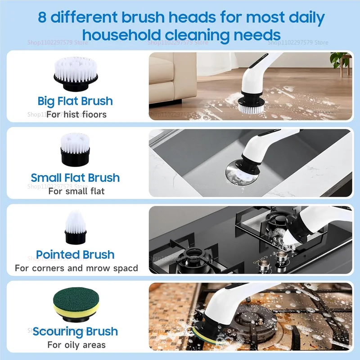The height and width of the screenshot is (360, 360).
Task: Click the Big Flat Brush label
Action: [75, 101]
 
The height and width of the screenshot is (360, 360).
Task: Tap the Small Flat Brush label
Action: [75, 177]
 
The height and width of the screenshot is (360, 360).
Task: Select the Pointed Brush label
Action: [75, 255]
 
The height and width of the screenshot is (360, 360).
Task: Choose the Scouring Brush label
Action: [75, 332]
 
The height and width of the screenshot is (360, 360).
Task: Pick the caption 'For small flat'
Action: [76, 191]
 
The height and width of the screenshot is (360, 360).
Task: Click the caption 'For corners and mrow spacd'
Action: [76, 268]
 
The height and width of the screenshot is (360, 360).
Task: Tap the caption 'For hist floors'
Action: [76, 115]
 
